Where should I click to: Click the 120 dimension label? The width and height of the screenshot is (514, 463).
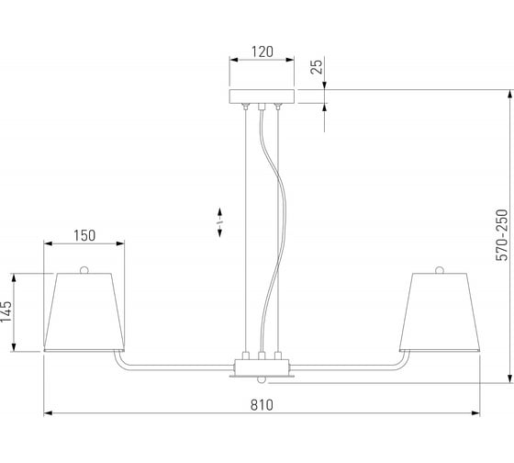tap(262, 51)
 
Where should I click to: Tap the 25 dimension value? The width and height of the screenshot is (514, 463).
tap(317, 66)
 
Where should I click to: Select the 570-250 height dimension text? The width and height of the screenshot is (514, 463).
tap(501, 235)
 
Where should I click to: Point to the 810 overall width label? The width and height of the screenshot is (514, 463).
tap(262, 405)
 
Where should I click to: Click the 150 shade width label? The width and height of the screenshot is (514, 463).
tap(84, 235)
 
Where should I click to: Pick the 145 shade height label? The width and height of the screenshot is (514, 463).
tap(6, 311)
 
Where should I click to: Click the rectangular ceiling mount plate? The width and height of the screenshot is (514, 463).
tap(262, 96)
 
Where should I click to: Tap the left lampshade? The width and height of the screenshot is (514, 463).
tap(84, 311)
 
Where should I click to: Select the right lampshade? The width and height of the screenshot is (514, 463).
tap(440, 311)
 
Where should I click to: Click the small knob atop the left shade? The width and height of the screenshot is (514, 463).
tap(84, 270)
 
